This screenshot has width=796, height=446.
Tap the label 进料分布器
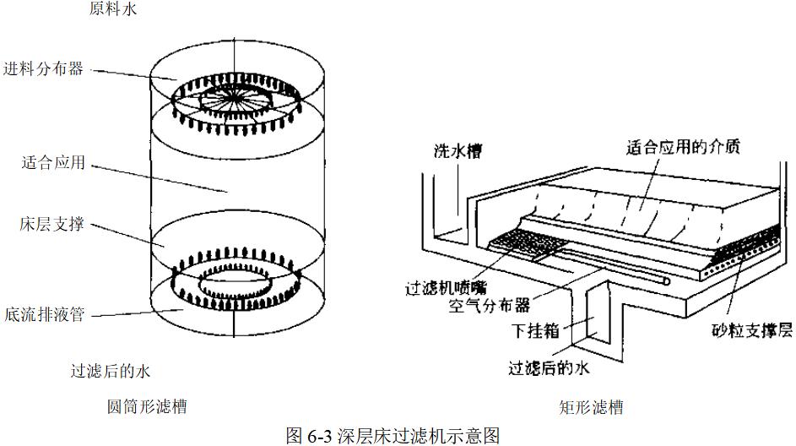[x=43, y=68]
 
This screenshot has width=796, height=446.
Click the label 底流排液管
[x=43, y=314]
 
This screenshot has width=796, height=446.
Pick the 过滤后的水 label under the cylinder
[x=111, y=370]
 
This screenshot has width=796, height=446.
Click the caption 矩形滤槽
[x=591, y=408]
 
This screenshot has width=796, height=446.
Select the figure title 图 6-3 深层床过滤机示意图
[x=393, y=434]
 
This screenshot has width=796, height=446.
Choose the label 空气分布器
[x=490, y=305]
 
